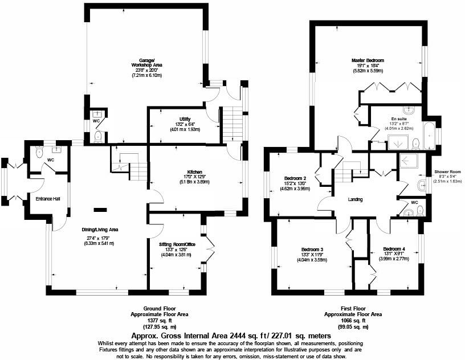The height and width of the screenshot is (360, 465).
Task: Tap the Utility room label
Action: coord(183,118)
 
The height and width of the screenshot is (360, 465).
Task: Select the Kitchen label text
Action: coord(195,172)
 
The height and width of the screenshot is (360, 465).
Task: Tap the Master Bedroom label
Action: coord(368,60)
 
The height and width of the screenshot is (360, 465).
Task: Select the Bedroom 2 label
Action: coord(295,178)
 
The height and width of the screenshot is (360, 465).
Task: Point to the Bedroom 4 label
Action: coord(394,249)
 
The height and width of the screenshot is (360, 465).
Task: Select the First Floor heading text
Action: coord(353,309)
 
